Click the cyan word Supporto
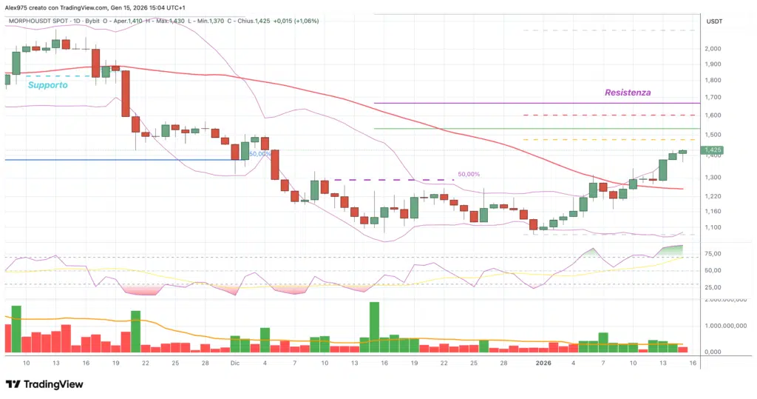(x=47, y=85)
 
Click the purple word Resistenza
(x=628, y=93)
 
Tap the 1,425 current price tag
(x=713, y=150)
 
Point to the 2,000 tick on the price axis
(x=713, y=49)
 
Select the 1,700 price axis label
(x=713, y=97)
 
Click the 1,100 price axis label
(x=713, y=227)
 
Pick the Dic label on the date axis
(x=235, y=363)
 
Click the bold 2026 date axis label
(x=543, y=363)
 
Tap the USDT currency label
(x=714, y=21)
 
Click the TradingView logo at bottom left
(x=44, y=384)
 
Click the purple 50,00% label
(x=469, y=174)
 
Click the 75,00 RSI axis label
(x=713, y=254)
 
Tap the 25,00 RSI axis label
(x=713, y=287)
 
